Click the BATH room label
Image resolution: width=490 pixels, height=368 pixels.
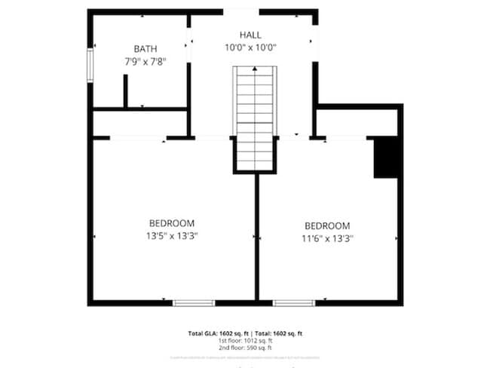coord(145,50)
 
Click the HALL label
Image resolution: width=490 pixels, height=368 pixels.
coord(251,35)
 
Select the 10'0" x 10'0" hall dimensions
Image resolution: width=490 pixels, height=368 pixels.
coord(251,48)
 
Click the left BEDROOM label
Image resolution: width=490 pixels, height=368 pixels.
coord(172,223)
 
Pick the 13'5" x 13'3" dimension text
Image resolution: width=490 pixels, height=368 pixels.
coord(172,235)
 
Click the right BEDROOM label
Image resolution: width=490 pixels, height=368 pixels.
coord(327,225)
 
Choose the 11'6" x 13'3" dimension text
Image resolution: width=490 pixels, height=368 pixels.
coord(327,238)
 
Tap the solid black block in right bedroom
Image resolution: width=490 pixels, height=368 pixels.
coord(386,158)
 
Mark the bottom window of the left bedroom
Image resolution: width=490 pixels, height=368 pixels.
coord(194,303)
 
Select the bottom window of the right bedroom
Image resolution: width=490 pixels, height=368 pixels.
coord(294,303)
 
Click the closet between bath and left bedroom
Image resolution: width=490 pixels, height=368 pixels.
coord(139,124)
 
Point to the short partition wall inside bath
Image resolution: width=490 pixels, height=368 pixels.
coord(126,91)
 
